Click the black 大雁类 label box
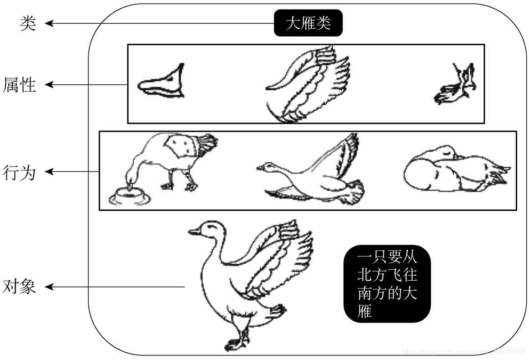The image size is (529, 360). [308, 23]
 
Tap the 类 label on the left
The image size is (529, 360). [27, 23]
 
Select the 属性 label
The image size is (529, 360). [19, 85]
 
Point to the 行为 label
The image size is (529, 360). [19, 172]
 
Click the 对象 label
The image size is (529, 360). [19, 287]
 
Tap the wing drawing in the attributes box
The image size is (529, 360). [308, 85]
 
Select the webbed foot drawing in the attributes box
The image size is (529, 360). [456, 85]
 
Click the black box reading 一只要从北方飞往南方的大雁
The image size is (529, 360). [387, 283]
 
